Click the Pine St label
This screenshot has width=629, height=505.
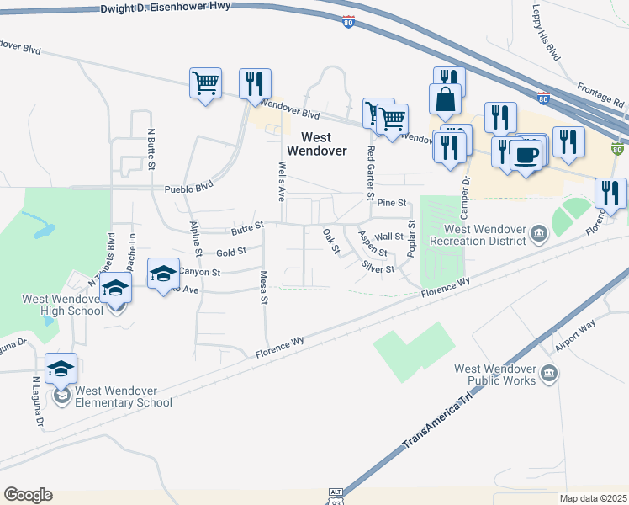pyautogui.click(x=392, y=203)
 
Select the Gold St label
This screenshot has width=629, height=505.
pyautogui.click(x=230, y=251)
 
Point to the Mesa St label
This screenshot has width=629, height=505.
pyautogui.click(x=262, y=287)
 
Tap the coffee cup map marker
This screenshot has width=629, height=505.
pyautogui.click(x=526, y=156)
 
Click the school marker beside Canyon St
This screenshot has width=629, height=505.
pyautogui.click(x=163, y=273)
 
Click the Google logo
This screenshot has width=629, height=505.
pyautogui.click(x=28, y=495)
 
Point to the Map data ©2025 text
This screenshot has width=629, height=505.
pyautogui.click(x=592, y=498)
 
